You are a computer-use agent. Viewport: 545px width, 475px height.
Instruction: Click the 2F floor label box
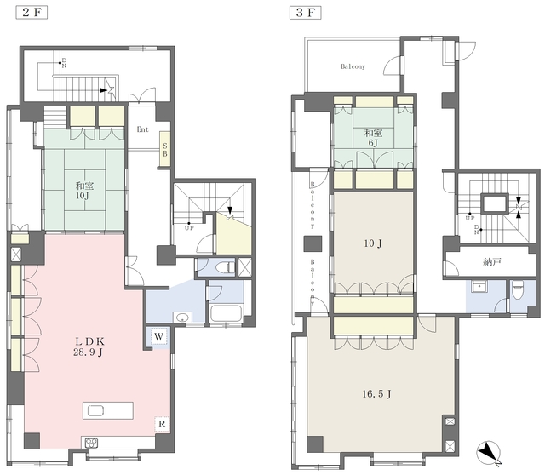click(x=32, y=13)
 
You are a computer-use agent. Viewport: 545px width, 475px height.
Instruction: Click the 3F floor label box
click(x=305, y=13)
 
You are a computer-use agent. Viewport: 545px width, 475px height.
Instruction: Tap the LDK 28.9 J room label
click(x=88, y=346)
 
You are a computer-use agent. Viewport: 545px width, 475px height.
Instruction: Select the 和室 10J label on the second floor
click(x=84, y=190)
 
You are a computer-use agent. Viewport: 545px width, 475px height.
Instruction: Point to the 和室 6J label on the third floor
click(x=373, y=138)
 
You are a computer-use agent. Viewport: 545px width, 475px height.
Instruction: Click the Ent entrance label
click(x=142, y=129)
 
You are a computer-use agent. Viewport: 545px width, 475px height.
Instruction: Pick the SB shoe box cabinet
click(x=164, y=149)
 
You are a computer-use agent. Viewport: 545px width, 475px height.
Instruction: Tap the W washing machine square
click(x=158, y=336)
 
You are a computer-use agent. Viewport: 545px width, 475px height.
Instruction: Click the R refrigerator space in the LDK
click(x=162, y=424)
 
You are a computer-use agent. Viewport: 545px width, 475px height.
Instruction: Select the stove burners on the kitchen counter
click(x=92, y=443)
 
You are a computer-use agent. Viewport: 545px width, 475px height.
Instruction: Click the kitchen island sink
click(x=95, y=411)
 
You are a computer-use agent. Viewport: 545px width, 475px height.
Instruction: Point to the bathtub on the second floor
click(x=226, y=313)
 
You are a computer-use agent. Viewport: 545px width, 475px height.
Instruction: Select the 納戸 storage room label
click(x=492, y=262)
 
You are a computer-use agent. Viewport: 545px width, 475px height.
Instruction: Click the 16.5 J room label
click(x=376, y=394)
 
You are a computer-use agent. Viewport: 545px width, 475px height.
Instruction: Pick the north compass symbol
click(x=488, y=452)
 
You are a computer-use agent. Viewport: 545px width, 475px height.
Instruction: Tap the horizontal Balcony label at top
click(x=353, y=66)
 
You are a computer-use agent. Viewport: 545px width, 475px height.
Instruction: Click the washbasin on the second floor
click(x=182, y=318)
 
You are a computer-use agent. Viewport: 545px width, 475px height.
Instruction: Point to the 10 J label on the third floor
click(x=373, y=243)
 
